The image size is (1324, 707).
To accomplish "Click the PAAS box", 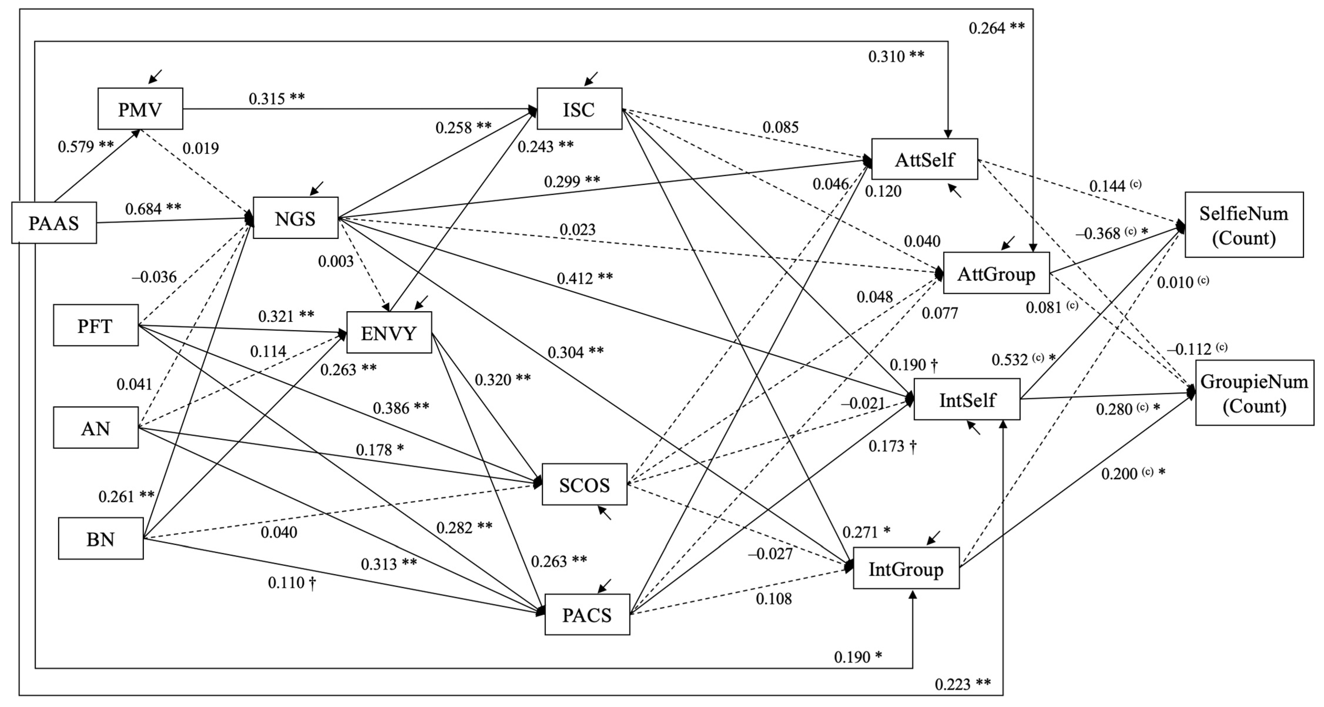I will click(54, 223).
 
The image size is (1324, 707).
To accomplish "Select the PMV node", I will click(140, 109).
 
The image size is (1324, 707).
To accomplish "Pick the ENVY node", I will click(389, 333).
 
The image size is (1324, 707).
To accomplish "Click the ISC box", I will click(579, 109).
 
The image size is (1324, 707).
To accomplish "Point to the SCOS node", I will click(584, 484).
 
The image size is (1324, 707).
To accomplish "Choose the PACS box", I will click(587, 615).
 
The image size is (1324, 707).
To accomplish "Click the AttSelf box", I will click(925, 159).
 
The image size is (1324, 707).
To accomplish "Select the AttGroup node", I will click(996, 273).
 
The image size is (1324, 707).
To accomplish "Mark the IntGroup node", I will click(906, 568).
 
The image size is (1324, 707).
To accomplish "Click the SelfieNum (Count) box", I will click(1244, 225).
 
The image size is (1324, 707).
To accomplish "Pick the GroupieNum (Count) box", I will click(1254, 393).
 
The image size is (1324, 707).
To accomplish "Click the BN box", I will click(101, 538).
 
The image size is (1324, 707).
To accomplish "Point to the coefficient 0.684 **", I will click(153, 208).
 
